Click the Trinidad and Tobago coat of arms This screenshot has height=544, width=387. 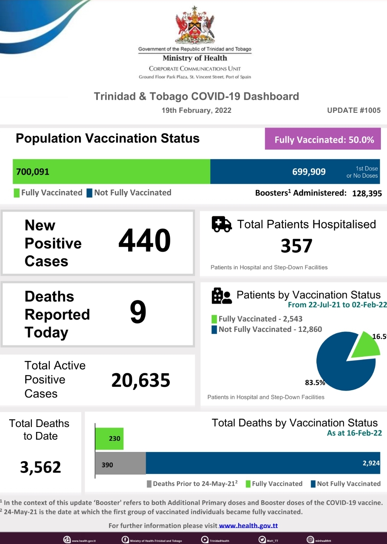(195, 25)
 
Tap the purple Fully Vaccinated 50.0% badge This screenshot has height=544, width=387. (323, 139)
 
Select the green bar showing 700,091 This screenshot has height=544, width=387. (111, 171)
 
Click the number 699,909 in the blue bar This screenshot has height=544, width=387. (309, 172)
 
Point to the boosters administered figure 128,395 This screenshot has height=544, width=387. (367, 193)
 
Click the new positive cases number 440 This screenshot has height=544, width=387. (145, 241)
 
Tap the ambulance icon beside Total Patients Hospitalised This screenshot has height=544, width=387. (221, 224)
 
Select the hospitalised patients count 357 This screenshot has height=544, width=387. (296, 246)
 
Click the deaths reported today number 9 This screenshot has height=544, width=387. (138, 312)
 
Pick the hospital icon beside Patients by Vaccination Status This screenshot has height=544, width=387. (221, 296)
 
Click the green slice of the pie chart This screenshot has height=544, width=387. (366, 345)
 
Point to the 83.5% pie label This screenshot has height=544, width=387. (315, 382)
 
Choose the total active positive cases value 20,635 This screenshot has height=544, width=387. (141, 381)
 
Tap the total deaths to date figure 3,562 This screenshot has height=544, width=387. (41, 467)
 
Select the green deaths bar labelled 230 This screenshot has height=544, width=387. (109, 438)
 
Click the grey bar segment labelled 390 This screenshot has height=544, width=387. (120, 463)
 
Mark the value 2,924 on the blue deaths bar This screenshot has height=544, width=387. (371, 463)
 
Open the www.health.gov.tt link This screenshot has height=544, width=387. (248, 526)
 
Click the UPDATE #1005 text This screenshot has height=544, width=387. (354, 110)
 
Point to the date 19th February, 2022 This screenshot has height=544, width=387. (196, 110)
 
